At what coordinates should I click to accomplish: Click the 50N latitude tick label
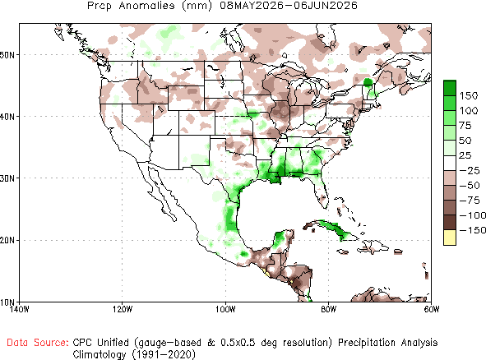point(7,55)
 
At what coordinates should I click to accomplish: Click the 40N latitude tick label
point(7,117)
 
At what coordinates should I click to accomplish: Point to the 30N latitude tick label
point(7,178)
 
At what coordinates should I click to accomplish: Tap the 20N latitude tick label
point(7,241)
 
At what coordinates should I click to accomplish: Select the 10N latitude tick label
point(7,302)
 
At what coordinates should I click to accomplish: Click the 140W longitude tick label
point(19,309)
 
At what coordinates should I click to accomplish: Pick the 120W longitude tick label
point(123,309)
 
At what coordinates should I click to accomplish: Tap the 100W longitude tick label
point(225,309)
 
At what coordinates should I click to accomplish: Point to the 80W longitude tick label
point(329,309)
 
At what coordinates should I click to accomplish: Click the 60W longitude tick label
point(432,309)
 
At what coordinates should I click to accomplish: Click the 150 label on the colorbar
point(469,95)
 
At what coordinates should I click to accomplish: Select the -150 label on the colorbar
point(472,230)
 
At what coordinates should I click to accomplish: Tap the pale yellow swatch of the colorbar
point(450,238)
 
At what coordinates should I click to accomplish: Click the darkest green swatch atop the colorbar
point(450,88)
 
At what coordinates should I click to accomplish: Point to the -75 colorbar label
point(470,201)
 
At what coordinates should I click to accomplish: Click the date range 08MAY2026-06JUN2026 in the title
point(289,6)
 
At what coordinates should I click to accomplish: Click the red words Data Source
point(38,343)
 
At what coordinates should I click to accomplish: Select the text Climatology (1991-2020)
point(134,354)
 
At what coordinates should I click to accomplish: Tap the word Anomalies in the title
point(146,6)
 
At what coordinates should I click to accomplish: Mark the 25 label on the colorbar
point(465,155)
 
